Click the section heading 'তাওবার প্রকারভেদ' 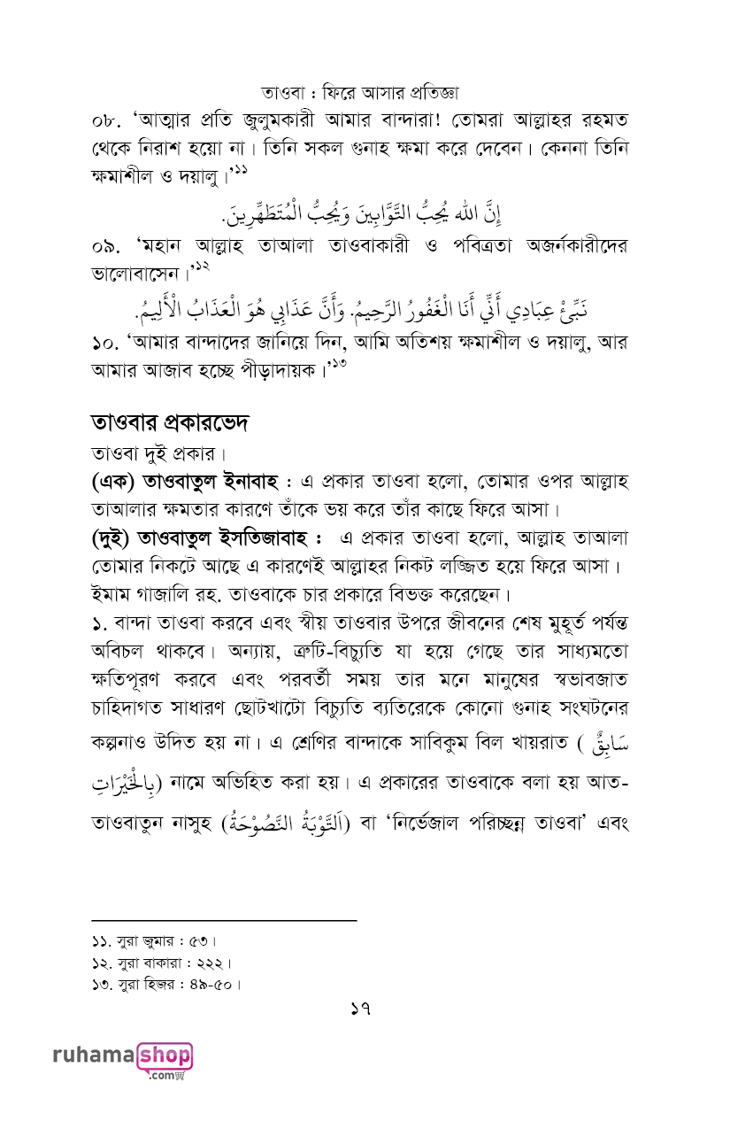pos(170,422)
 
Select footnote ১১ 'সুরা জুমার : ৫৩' pos(154,940)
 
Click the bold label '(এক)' pos(113,483)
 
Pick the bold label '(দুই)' pos(113,539)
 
